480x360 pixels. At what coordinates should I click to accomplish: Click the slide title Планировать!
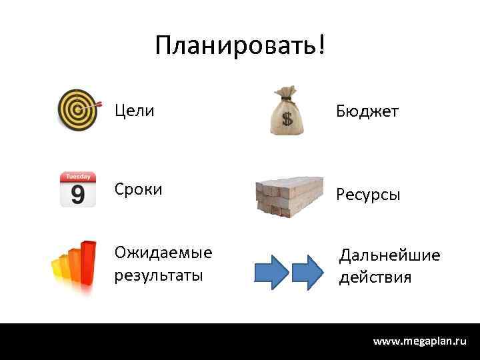pos(241,46)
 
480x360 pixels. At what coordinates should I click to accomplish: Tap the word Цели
pos(134,109)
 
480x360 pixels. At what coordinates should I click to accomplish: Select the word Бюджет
pos(367,111)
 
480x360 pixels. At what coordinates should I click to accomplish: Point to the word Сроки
pos(138,189)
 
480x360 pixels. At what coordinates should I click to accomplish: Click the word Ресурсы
pos(368,195)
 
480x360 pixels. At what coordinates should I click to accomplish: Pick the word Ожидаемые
pos(163,253)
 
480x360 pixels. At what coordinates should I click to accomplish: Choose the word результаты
pos(159,274)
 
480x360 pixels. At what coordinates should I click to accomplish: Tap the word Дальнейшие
pos(389,255)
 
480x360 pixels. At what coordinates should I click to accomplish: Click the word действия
pos(375,276)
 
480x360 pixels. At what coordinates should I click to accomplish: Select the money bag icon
pos(287,112)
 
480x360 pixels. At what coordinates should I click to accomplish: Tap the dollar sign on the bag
pos(287,120)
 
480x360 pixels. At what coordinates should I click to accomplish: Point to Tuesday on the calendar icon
pos(77,177)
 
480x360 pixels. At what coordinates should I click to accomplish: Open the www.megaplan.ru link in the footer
pos(419,341)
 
